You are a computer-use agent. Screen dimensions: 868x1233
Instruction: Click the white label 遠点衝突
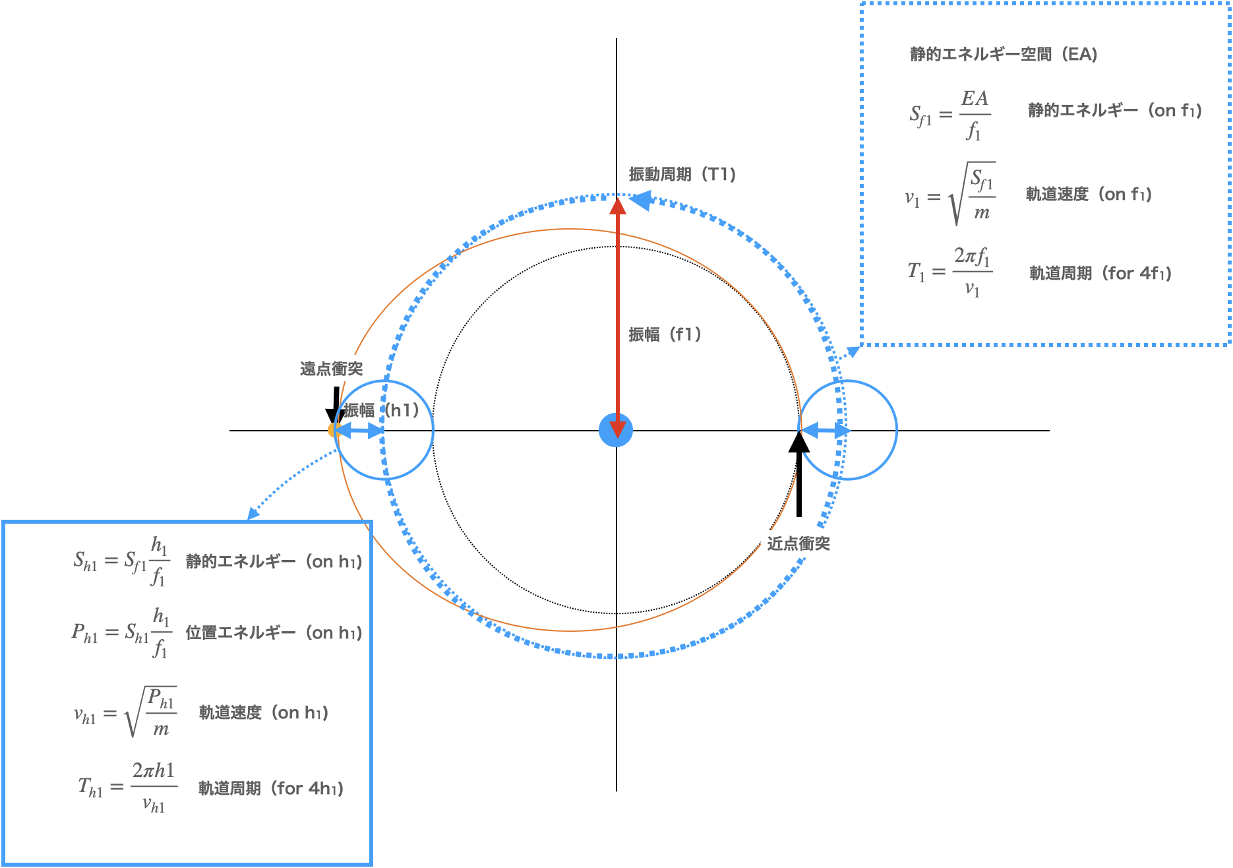[331, 368]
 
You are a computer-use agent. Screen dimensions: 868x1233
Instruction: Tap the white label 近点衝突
[798, 543]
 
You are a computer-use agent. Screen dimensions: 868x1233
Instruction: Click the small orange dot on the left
[333, 431]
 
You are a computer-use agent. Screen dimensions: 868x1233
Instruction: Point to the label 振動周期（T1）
[682, 174]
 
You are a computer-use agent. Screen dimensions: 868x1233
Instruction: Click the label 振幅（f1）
[665, 334]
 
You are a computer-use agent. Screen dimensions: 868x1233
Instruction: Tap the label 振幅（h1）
[381, 410]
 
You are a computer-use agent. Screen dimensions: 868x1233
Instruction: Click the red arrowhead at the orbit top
[617, 205]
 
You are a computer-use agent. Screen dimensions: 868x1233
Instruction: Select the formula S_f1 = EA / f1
[949, 115]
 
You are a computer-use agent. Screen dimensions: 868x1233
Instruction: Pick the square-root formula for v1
[950, 195]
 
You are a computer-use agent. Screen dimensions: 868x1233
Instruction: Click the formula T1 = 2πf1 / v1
[949, 272]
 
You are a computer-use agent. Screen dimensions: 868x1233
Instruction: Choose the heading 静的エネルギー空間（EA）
[1003, 54]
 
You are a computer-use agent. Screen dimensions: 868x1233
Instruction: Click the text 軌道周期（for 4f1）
[1100, 273]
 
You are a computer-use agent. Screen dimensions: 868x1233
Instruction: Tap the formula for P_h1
[121, 633]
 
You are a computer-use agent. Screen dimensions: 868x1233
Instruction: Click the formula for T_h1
[127, 788]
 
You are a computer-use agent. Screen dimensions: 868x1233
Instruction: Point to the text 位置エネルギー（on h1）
[274, 633]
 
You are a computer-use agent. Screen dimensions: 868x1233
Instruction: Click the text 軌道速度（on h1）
[263, 712]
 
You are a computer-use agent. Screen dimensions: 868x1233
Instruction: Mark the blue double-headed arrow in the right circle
[825, 431]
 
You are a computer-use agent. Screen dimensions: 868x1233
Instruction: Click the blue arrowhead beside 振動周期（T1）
[640, 200]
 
